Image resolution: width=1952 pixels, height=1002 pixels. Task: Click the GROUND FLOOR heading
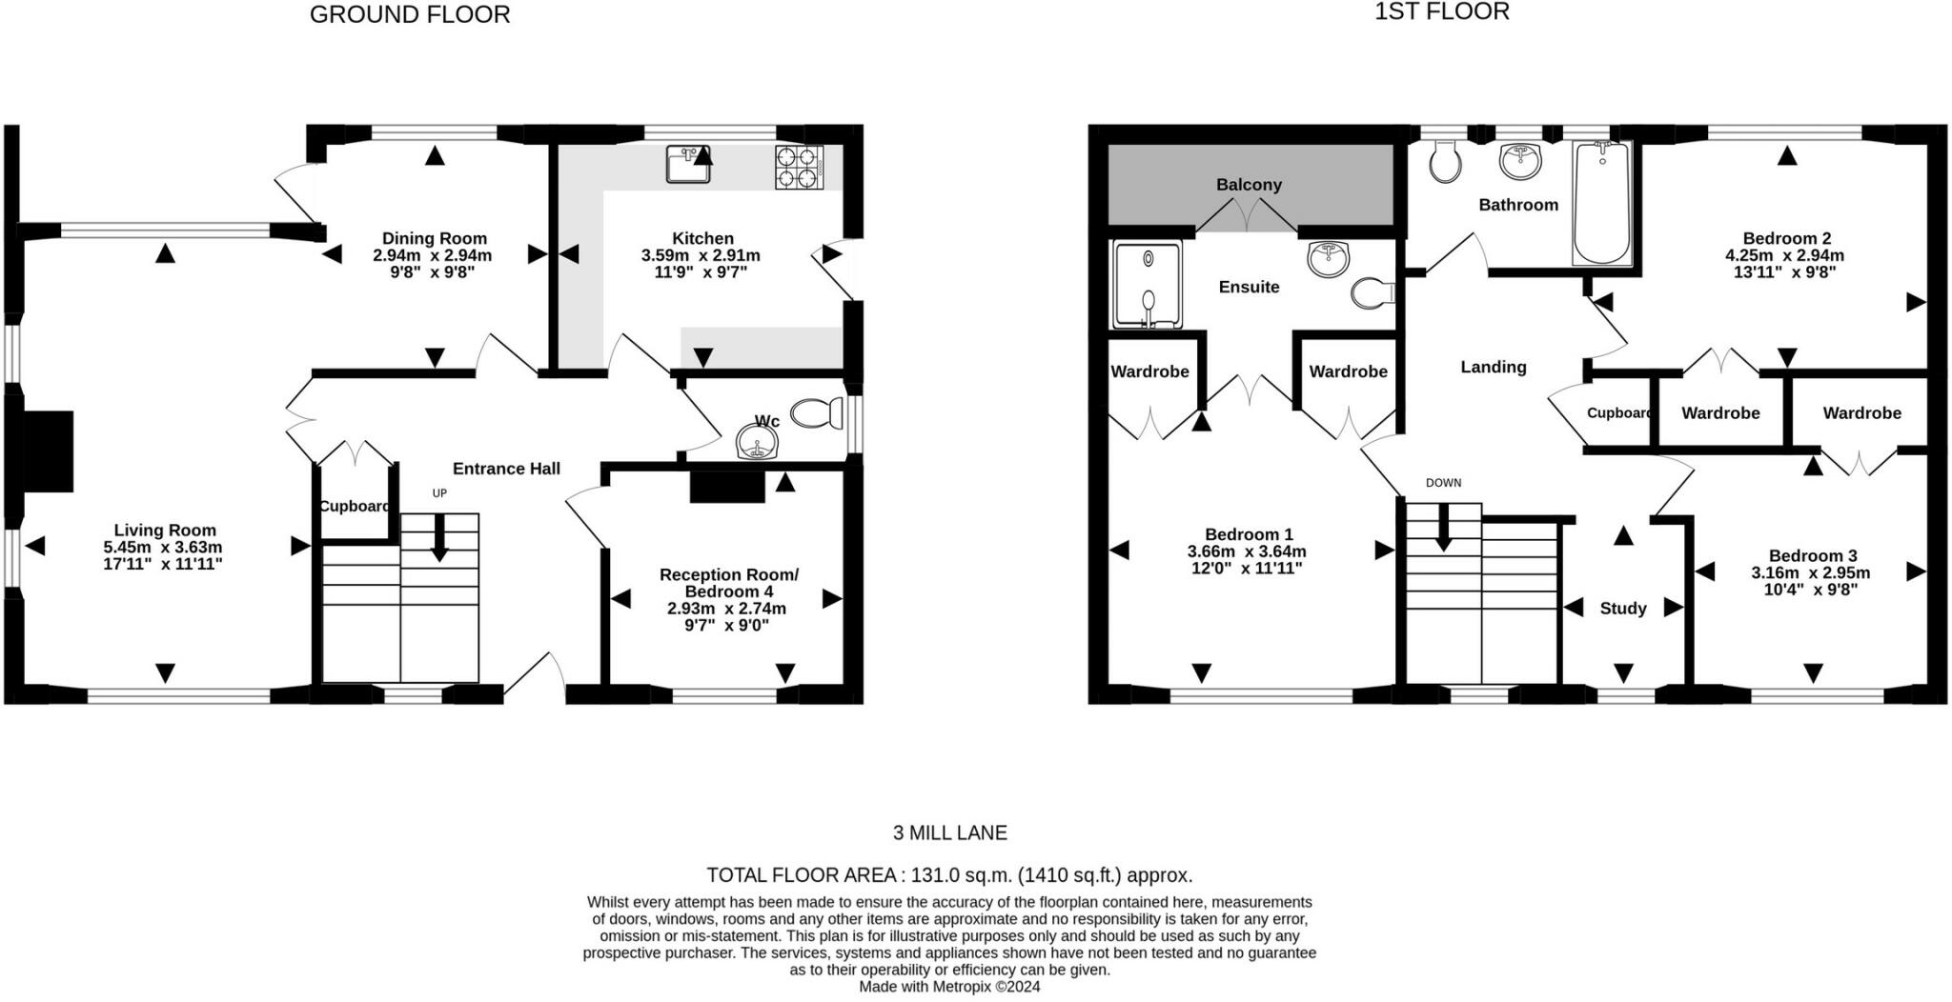click(410, 15)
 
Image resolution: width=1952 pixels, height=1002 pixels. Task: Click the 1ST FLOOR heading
click(1442, 12)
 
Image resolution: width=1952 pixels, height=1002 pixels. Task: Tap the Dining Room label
click(434, 238)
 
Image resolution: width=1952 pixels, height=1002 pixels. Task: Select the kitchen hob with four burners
click(799, 168)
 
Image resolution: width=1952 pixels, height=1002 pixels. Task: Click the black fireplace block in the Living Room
click(47, 451)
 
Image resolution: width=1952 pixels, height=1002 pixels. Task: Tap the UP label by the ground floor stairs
click(439, 493)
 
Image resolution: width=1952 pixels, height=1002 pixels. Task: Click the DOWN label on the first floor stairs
click(1443, 483)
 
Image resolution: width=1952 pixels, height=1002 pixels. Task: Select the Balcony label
click(1249, 185)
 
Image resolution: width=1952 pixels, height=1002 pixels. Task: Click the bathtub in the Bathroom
click(1601, 202)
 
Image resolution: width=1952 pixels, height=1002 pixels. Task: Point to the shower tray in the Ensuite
click(1148, 284)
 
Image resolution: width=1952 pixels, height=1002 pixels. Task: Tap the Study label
click(1622, 609)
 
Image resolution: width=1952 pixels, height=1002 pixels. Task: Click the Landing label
click(1493, 367)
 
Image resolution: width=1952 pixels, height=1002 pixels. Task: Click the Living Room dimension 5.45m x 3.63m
click(163, 548)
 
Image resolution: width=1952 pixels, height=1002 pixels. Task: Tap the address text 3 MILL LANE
click(949, 833)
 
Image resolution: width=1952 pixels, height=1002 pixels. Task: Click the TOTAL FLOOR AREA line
click(949, 875)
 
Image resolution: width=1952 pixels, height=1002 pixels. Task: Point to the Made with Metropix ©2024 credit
click(949, 987)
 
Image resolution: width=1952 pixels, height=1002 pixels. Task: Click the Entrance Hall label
click(506, 469)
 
